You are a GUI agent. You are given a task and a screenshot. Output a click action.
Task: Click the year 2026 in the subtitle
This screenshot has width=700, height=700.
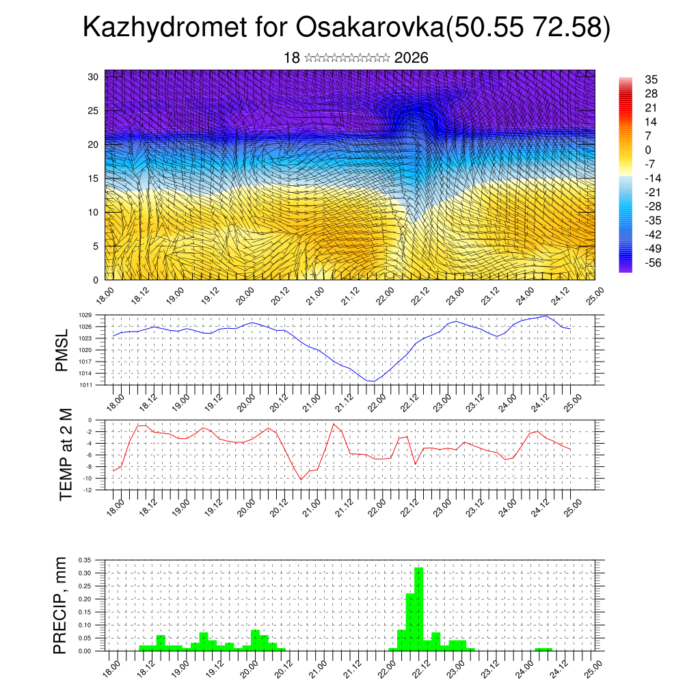click(x=412, y=58)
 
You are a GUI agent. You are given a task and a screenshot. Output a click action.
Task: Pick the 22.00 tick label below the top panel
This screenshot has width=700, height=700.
click(x=385, y=295)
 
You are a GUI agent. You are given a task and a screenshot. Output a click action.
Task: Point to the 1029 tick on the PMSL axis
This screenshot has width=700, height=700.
click(x=85, y=315)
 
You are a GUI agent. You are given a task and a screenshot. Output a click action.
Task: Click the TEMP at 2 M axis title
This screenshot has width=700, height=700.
click(x=65, y=454)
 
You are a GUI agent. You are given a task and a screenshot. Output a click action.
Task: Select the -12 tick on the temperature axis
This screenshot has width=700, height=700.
click(x=88, y=489)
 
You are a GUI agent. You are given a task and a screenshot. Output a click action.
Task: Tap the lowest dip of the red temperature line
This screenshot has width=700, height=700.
click(x=301, y=479)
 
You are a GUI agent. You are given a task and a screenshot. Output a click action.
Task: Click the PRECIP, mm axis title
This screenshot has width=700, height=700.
click(x=62, y=606)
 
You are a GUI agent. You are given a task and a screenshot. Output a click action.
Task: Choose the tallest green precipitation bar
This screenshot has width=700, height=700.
click(x=419, y=608)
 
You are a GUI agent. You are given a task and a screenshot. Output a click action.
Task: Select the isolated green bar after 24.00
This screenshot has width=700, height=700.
click(x=543, y=649)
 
